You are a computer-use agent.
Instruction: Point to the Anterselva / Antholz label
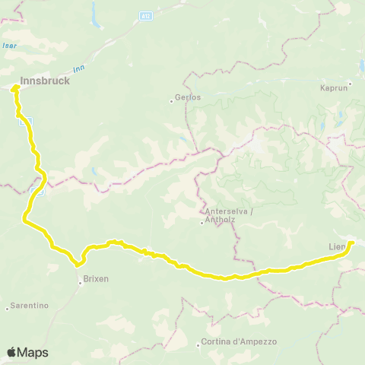click(x=227, y=216)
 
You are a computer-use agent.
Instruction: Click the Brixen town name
click(x=96, y=279)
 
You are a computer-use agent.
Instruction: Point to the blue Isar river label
click(x=10, y=46)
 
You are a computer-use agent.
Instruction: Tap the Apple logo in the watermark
click(x=12, y=352)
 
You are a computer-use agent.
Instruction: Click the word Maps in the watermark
click(x=33, y=353)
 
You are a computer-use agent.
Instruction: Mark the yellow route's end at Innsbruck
click(x=15, y=89)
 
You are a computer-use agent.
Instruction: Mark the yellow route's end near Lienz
click(x=351, y=243)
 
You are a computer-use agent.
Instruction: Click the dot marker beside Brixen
click(x=80, y=283)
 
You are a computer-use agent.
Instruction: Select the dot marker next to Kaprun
click(x=351, y=83)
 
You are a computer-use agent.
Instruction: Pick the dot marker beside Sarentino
click(x=8, y=307)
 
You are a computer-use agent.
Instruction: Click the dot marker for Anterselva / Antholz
click(x=202, y=222)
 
